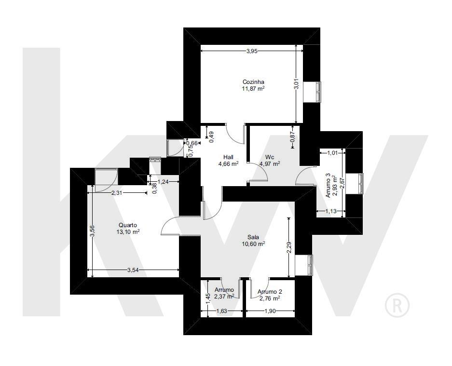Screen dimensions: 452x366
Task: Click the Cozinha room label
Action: pyautogui.click(x=253, y=82)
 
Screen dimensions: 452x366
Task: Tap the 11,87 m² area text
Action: pyautogui.click(x=253, y=88)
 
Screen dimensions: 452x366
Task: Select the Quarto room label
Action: pyautogui.click(x=128, y=225)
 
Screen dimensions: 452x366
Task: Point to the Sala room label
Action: pyautogui.click(x=253, y=237)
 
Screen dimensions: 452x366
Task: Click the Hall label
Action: pyautogui.click(x=228, y=157)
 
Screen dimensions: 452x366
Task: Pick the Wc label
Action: pyautogui.click(x=270, y=157)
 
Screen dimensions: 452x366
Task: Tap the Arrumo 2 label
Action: pyautogui.click(x=270, y=292)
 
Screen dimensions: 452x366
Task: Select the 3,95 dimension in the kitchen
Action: pyautogui.click(x=252, y=51)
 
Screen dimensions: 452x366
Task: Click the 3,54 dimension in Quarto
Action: pyautogui.click(x=133, y=270)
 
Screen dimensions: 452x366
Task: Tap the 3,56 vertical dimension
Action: pyautogui.click(x=92, y=231)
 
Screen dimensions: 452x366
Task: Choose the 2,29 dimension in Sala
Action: pyautogui.click(x=289, y=247)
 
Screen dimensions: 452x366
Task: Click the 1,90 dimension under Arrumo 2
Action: pyautogui.click(x=270, y=311)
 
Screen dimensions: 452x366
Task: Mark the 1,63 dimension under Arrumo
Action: pyautogui.click(x=221, y=311)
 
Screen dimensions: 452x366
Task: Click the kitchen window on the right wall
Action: pyautogui.click(x=318, y=92)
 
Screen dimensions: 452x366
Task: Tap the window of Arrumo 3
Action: pyautogui.click(x=361, y=184)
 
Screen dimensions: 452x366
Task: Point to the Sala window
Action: pyautogui.click(x=310, y=265)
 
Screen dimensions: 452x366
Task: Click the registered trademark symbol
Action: pyautogui.click(x=397, y=305)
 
